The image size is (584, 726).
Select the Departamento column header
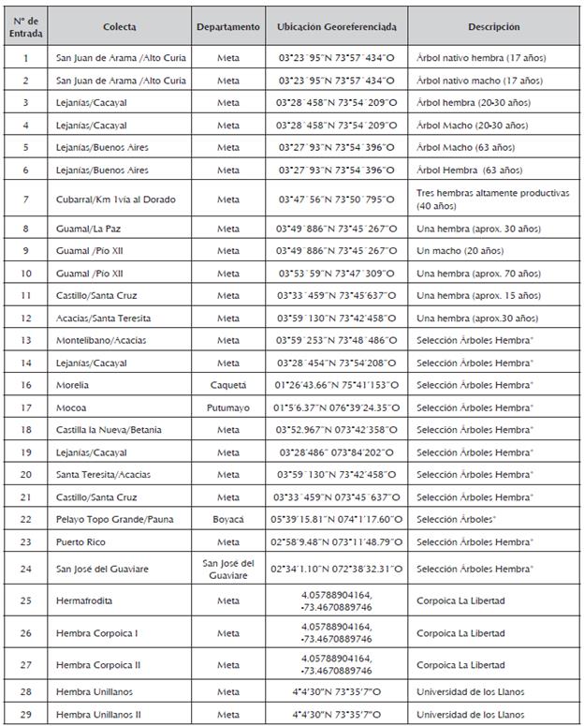pos(228,27)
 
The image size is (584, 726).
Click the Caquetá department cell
pos(228,385)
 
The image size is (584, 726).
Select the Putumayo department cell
pos(228,407)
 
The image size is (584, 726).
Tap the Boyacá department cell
pos(228,519)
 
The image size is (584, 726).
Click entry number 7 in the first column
pos(25,199)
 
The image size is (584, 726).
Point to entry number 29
pos(25,714)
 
